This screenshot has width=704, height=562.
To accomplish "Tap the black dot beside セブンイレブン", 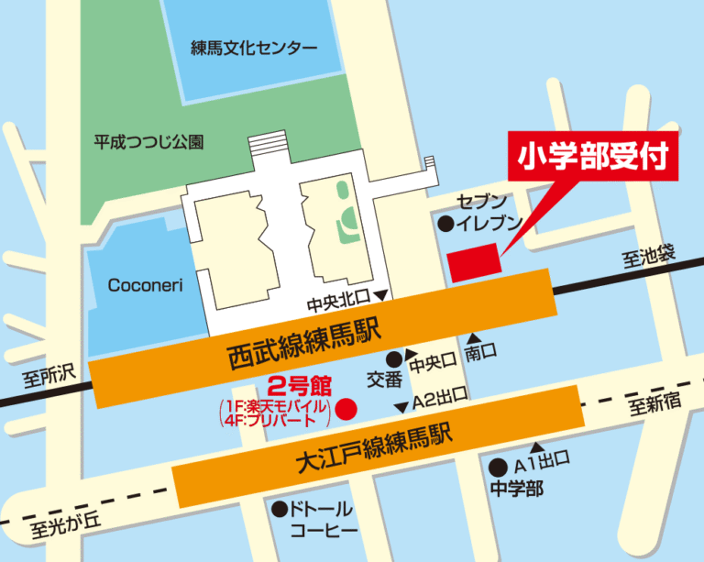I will pos(445,223).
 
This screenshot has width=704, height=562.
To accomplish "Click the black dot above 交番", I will pos(394,358).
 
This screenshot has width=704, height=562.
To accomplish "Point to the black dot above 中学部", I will pos(498,466).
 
